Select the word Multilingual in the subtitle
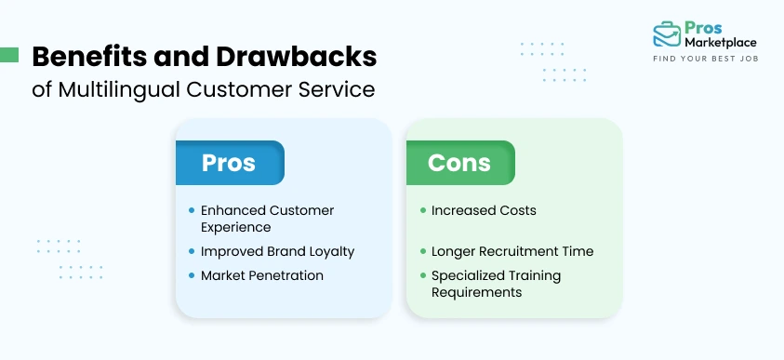point(109,89)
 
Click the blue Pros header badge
point(229,163)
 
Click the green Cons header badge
point(459,163)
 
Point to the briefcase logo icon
point(666,34)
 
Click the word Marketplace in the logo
point(721,42)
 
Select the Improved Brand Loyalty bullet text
point(277,251)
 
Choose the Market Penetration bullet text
point(262,275)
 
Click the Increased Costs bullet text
point(484,210)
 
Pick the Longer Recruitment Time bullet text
point(512,251)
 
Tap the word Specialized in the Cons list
point(470,275)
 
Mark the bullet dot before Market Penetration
point(192,275)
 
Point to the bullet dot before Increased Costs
point(423,210)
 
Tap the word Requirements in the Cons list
point(476,292)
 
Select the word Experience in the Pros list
point(236,227)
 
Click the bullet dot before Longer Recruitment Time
point(423,251)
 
